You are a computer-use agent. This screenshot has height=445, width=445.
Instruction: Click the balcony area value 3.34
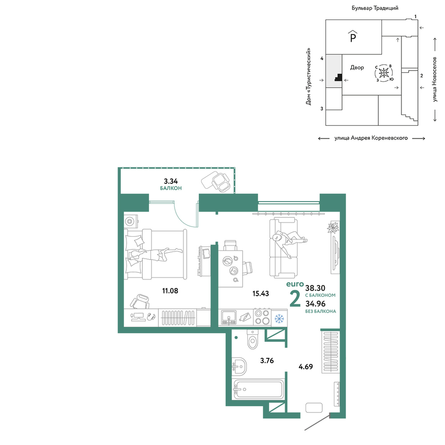click(171, 181)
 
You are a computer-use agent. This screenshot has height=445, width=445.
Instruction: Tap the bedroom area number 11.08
click(170, 291)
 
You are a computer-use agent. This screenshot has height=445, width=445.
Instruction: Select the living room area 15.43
click(261, 294)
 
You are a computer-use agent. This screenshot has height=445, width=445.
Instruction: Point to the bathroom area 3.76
click(267, 361)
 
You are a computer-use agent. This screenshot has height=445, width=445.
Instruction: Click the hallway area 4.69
click(306, 367)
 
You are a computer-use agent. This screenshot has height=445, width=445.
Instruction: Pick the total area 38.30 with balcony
click(315, 288)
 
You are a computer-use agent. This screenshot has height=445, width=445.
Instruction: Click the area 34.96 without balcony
click(315, 304)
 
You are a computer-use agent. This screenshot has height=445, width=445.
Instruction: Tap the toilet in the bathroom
click(252, 339)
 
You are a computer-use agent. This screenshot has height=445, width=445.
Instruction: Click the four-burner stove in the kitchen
click(262, 317)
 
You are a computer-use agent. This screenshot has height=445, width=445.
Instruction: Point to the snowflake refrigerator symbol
click(279, 319)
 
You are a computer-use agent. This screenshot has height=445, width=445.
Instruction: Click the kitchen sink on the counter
click(229, 317)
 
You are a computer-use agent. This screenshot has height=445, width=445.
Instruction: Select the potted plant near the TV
click(333, 227)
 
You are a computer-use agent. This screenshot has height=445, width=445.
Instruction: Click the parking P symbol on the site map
click(353, 36)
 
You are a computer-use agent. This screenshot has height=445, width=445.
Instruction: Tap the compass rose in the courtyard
click(384, 73)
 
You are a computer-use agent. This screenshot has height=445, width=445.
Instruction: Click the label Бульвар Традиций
click(375, 8)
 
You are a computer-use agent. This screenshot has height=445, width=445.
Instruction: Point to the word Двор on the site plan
click(357, 68)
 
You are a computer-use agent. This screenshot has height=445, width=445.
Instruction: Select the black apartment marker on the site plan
click(338, 77)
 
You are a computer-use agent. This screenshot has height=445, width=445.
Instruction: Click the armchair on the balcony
click(221, 182)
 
